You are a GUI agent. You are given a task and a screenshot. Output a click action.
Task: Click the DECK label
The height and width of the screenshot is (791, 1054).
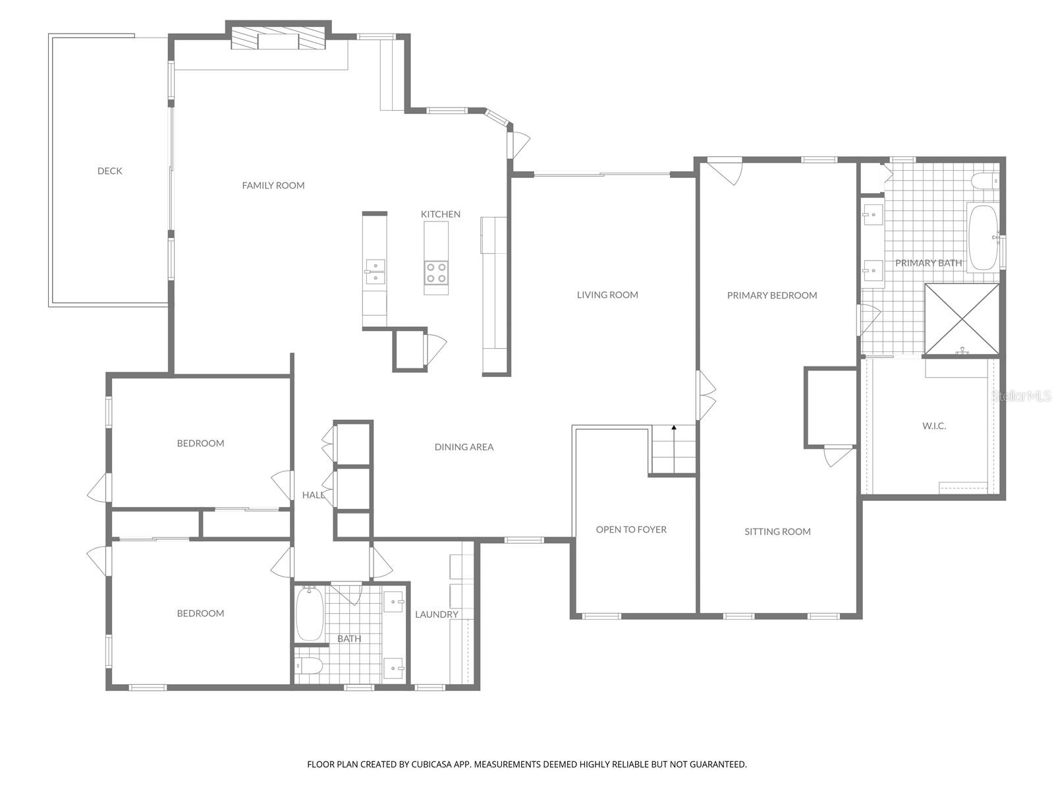point(109,171)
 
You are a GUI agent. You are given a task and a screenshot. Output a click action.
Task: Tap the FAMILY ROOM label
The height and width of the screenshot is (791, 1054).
point(273,185)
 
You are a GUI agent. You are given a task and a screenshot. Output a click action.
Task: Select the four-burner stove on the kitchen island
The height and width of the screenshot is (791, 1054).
point(436,272)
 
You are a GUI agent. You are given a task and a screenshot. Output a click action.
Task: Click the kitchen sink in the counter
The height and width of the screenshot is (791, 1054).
point(375,271)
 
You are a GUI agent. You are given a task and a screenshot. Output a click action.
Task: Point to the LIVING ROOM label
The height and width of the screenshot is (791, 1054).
point(607,295)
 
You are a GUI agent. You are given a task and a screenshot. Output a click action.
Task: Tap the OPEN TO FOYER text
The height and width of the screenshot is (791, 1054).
point(631,529)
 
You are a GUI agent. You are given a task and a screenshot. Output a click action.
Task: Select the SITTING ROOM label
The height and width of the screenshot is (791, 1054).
point(777,531)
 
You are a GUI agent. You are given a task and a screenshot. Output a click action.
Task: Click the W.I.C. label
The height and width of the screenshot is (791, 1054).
point(933,426)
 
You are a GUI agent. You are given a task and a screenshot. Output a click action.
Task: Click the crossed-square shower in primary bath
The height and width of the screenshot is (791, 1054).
point(962,319)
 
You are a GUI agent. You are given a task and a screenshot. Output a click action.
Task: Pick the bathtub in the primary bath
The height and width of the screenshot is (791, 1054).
point(982,237)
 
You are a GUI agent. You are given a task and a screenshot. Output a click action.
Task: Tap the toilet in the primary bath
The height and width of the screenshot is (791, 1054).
point(985,181)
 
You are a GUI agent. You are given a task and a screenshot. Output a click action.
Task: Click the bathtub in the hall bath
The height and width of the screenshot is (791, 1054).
point(309,614)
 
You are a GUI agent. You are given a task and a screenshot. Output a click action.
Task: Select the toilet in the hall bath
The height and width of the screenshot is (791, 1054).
point(309,666)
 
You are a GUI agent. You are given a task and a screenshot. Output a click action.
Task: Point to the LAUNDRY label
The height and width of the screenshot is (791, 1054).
point(436,614)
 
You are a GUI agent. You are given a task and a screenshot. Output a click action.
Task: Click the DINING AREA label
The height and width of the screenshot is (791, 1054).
point(464,447)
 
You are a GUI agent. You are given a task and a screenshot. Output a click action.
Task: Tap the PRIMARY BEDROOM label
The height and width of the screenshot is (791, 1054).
point(771,295)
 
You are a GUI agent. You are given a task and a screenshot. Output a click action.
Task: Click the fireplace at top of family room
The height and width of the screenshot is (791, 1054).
point(278,40)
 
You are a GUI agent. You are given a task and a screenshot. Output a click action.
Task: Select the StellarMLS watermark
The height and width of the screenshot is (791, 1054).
point(1021,395)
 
